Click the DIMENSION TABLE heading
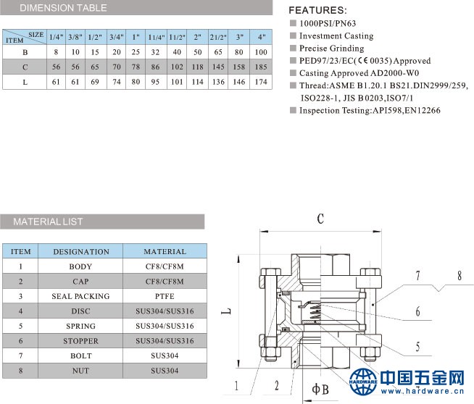(x=63, y=8)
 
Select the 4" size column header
(x=261, y=37)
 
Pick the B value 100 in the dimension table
(x=261, y=52)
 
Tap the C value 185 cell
(x=261, y=67)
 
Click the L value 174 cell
(x=261, y=82)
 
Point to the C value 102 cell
(x=177, y=67)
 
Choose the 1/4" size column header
(x=57, y=37)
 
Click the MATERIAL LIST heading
(x=48, y=222)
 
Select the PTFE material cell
(x=165, y=296)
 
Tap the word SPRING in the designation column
(x=80, y=326)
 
